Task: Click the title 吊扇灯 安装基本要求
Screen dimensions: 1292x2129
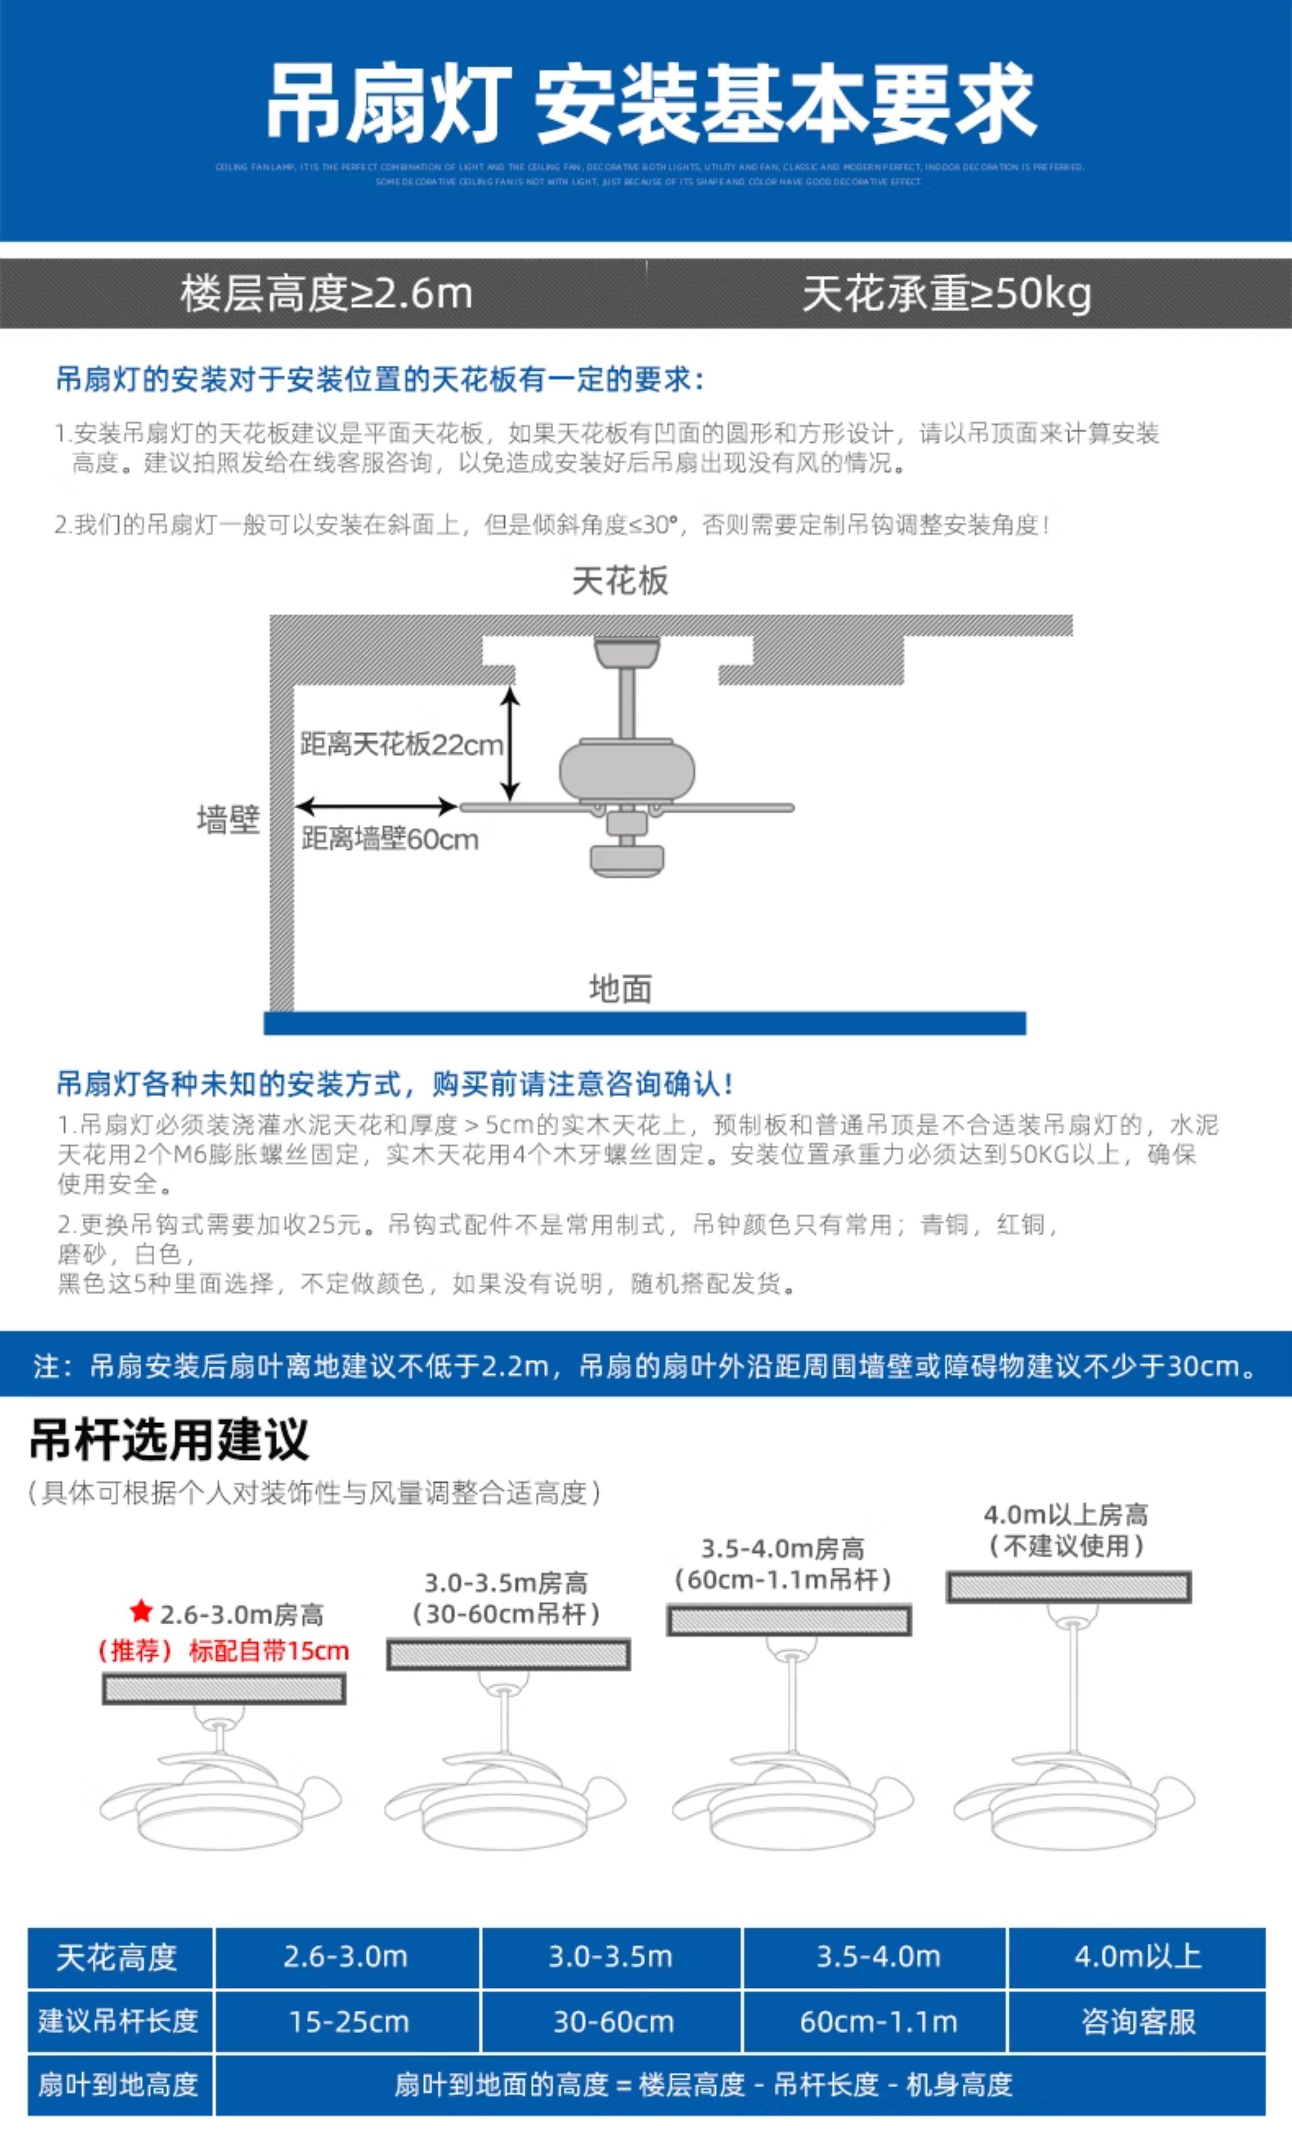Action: click(650, 104)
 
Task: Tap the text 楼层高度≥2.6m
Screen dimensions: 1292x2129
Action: click(327, 294)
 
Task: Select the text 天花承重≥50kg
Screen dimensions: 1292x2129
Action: click(947, 294)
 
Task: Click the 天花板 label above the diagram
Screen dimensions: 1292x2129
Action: click(620, 581)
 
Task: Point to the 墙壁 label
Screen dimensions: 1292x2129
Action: click(228, 818)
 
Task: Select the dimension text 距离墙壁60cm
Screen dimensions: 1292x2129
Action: click(390, 838)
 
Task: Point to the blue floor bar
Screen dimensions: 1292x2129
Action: click(644, 1023)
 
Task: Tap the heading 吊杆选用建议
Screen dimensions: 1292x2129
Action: click(169, 1439)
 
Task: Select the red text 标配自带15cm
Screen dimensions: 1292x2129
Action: click(269, 1650)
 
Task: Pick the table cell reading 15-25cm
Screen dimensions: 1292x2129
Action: click(348, 2022)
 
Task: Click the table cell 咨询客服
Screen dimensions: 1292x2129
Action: click(1137, 2022)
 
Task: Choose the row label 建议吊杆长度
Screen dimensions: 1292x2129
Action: click(118, 2022)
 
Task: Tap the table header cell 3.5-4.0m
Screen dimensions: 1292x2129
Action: click(877, 1957)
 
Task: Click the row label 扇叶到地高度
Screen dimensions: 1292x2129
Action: click(118, 2085)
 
